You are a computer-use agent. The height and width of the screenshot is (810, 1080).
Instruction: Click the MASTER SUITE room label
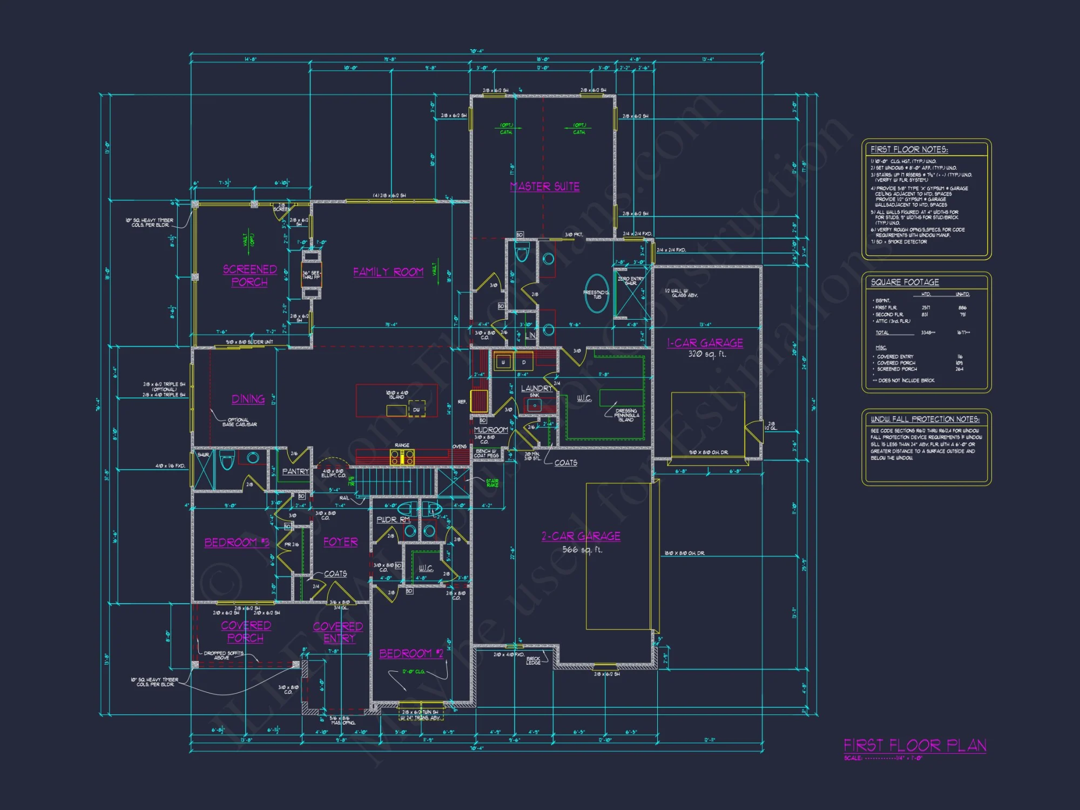click(544, 186)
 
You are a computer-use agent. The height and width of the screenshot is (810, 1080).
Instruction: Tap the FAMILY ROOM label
click(388, 272)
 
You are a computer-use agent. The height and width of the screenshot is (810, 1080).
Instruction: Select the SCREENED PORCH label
click(249, 275)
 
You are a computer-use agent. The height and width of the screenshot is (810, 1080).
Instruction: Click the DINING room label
click(248, 399)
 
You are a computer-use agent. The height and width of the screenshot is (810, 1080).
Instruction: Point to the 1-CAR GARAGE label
click(705, 343)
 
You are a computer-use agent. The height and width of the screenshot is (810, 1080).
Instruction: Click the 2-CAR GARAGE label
click(580, 536)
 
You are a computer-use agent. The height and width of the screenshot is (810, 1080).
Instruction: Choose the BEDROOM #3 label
click(237, 542)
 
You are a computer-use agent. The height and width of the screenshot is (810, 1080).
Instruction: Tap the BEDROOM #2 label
click(411, 653)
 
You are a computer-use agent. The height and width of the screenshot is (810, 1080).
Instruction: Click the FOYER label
click(340, 542)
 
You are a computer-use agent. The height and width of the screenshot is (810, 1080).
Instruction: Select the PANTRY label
click(295, 471)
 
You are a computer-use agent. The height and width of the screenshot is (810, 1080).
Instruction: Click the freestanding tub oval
click(597, 293)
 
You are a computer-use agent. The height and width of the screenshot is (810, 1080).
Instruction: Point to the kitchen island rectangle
click(396, 400)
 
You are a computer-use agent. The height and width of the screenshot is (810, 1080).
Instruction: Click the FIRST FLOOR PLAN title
click(915, 746)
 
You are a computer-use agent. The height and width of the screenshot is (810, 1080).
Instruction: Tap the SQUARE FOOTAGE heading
click(905, 282)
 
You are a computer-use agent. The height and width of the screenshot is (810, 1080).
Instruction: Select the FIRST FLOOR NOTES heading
click(909, 150)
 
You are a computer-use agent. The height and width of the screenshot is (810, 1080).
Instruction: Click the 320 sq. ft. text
click(707, 355)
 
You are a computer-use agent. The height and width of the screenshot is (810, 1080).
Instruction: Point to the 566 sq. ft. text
click(582, 550)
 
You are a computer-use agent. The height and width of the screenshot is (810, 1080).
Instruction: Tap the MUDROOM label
click(490, 430)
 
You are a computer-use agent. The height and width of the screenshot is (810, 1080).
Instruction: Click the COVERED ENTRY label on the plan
click(338, 632)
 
